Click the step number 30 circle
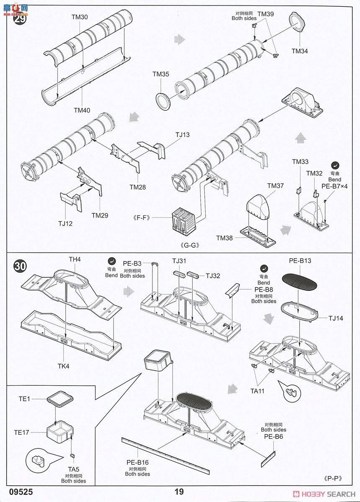(x=20, y=266)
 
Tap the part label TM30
(x=80, y=17)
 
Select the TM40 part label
(x=82, y=110)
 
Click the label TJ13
(x=182, y=135)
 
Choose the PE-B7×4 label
(x=334, y=186)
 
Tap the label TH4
(x=75, y=259)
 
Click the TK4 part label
(x=64, y=366)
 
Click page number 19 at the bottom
(x=179, y=492)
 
